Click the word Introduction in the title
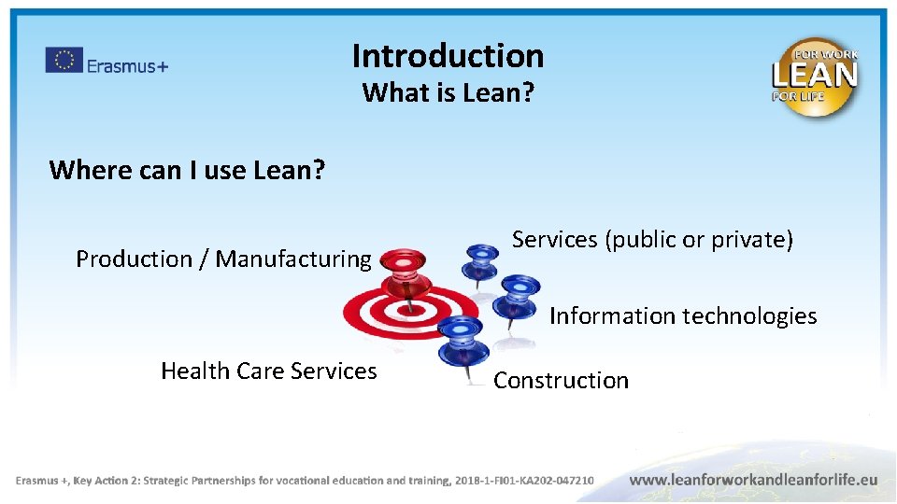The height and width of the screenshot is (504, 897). (x=448, y=56)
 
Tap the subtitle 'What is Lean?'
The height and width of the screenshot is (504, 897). (x=448, y=93)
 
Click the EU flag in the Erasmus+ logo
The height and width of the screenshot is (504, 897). (x=64, y=61)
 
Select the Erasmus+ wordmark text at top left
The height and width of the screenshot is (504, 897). (x=127, y=65)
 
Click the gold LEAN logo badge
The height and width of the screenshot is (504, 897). (x=814, y=77)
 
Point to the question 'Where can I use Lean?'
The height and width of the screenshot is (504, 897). (x=187, y=170)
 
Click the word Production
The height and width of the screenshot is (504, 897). (x=133, y=259)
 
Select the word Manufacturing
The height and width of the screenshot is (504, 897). (x=293, y=259)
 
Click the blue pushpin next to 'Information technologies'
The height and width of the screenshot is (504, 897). (x=518, y=298)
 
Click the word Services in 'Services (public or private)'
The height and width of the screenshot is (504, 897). (x=555, y=240)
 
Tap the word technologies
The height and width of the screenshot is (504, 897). (x=748, y=316)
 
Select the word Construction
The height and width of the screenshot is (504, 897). (x=561, y=381)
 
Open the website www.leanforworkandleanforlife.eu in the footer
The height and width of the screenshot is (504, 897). (x=753, y=479)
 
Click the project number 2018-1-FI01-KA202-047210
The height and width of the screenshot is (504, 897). (x=524, y=481)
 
